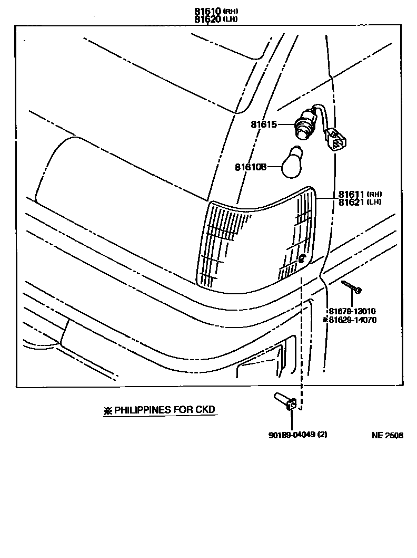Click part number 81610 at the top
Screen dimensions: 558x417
click(x=207, y=11)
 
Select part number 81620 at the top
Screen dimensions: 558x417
click(x=207, y=19)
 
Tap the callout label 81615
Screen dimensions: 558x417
click(x=263, y=124)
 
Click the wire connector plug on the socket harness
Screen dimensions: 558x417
click(x=335, y=140)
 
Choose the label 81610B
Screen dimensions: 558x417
click(x=251, y=167)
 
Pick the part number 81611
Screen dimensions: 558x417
click(x=352, y=194)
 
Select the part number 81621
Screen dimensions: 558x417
click(x=352, y=202)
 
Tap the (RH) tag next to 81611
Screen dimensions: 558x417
click(x=374, y=194)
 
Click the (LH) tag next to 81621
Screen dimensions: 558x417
click(x=374, y=202)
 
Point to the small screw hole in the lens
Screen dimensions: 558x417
click(x=302, y=258)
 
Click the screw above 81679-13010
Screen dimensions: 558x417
click(x=352, y=287)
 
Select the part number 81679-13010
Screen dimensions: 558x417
click(x=352, y=311)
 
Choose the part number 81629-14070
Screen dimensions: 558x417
click(x=352, y=320)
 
